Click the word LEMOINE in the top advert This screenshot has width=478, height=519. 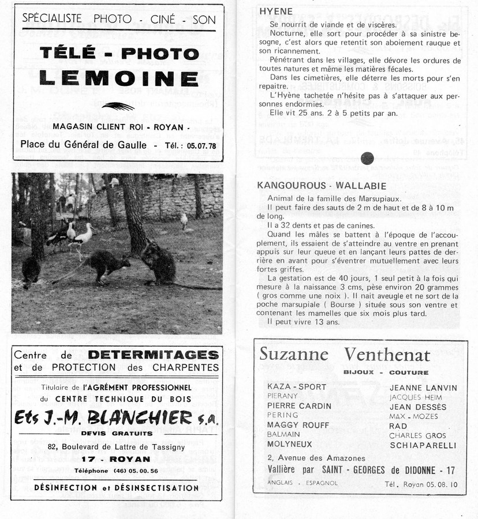(119, 78)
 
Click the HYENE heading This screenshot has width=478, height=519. (276, 12)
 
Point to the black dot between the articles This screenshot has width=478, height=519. (367, 158)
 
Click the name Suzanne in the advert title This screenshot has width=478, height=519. (294, 354)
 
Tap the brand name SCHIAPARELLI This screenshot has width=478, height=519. (423, 445)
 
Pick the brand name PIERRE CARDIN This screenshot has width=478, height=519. (299, 406)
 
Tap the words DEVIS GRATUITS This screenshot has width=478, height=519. (117, 433)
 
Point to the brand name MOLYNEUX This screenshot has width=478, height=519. (289, 445)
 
